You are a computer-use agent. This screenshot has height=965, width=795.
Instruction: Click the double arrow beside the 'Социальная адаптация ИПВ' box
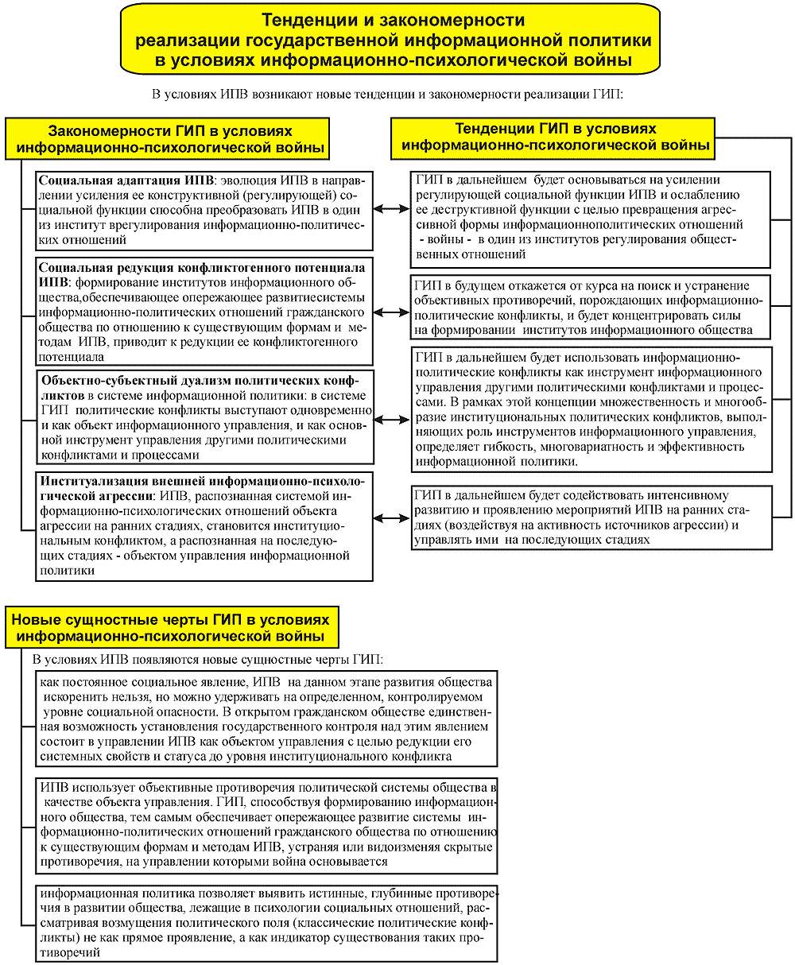tap(390, 208)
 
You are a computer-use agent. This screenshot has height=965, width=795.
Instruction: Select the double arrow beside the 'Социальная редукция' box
tap(390, 312)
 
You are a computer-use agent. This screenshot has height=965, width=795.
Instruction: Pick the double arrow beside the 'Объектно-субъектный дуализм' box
tap(390, 419)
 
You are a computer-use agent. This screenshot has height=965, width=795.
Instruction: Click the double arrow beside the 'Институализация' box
tap(390, 518)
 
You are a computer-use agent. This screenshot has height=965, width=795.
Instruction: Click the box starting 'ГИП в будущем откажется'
tap(591, 308)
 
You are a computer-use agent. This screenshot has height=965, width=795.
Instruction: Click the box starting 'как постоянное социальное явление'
tap(266, 719)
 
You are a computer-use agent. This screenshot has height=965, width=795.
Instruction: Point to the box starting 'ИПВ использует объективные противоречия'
tap(266, 825)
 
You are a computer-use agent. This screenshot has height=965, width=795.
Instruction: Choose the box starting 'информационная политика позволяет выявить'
tap(266, 922)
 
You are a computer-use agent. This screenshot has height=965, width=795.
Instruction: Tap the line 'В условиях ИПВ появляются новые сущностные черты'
tap(207, 660)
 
